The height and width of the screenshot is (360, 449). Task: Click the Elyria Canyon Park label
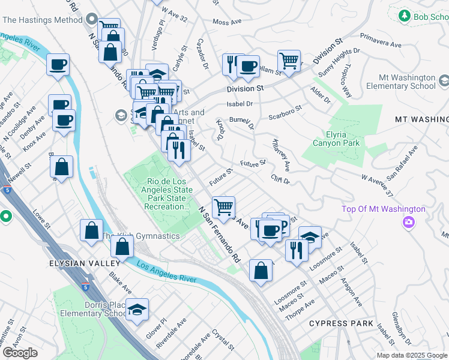(336, 138)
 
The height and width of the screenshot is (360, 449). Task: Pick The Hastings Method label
(42, 20)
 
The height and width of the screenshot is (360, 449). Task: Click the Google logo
(20, 353)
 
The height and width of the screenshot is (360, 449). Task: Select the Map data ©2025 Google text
(412, 355)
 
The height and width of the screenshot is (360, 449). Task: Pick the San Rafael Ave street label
(400, 166)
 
